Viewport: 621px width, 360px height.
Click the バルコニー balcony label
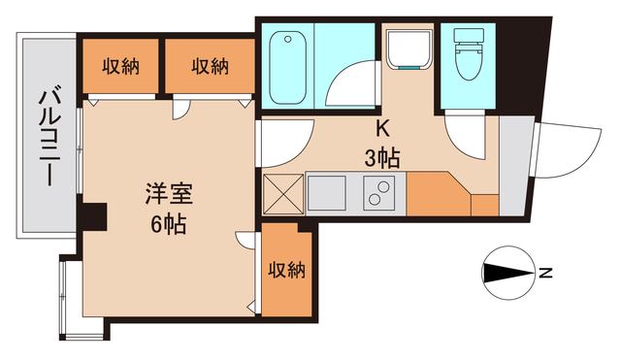pyautogui.click(x=46, y=137)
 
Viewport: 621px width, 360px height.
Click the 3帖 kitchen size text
pyautogui.click(x=382, y=156)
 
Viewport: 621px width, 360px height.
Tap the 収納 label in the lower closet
pyautogui.click(x=287, y=270)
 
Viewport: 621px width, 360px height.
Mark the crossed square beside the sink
pyautogui.click(x=282, y=193)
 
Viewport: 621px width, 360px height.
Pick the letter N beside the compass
pyautogui.click(x=546, y=274)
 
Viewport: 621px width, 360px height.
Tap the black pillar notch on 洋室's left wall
pyautogui.click(x=92, y=217)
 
